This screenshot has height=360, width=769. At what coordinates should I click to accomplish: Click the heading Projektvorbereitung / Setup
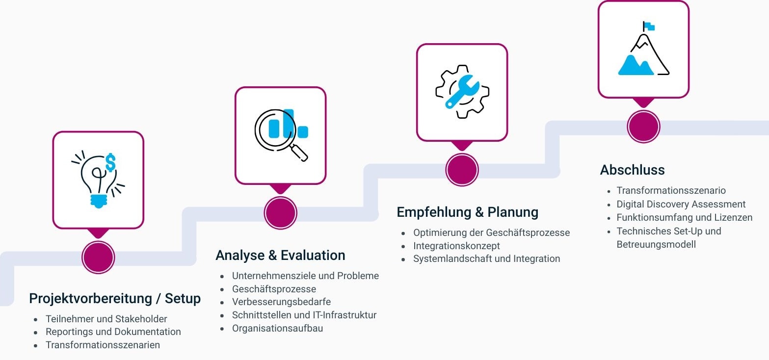click(115, 298)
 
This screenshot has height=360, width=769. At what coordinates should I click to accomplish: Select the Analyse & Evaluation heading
click(280, 256)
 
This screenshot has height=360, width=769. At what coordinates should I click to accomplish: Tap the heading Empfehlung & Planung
click(467, 212)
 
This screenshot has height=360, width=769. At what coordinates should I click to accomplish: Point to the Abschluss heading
click(632, 170)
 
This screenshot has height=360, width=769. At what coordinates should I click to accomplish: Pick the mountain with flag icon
click(643, 49)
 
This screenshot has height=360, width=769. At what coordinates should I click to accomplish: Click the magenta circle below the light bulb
click(98, 257)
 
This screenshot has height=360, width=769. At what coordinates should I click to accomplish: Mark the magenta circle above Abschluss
click(643, 126)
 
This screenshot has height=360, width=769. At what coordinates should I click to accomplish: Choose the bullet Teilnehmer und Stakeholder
click(106, 319)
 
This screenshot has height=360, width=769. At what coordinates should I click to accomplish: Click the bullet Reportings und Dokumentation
click(113, 332)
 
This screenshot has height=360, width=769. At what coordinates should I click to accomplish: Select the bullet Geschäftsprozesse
click(274, 289)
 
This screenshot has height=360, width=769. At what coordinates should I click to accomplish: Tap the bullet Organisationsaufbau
click(277, 328)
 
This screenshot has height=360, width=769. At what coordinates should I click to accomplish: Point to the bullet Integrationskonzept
click(456, 246)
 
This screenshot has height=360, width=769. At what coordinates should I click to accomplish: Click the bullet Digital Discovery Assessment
click(681, 204)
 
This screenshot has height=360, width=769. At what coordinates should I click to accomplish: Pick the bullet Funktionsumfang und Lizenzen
click(684, 217)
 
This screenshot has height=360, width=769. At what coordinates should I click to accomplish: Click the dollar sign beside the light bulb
click(110, 162)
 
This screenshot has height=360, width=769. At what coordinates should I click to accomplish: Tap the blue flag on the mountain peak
click(649, 26)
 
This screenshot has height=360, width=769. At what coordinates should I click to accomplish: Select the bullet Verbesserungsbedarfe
click(281, 302)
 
